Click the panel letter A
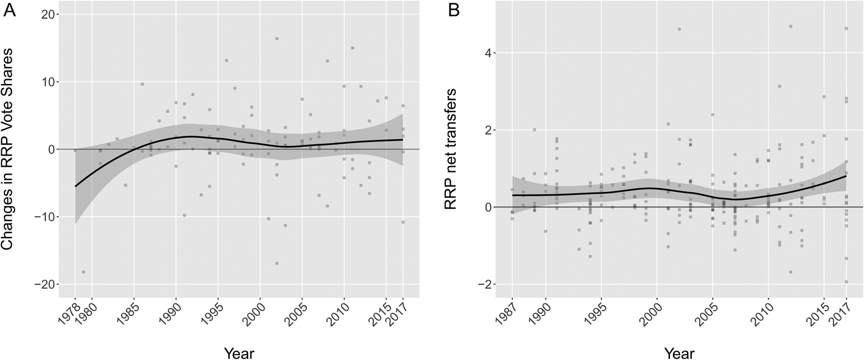point(10,11)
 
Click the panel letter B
point(453,11)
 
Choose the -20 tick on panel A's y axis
point(49,284)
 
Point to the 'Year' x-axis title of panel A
point(239,352)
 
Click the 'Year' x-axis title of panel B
point(679,352)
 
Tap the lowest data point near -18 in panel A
point(84,272)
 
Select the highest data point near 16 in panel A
point(277,39)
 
